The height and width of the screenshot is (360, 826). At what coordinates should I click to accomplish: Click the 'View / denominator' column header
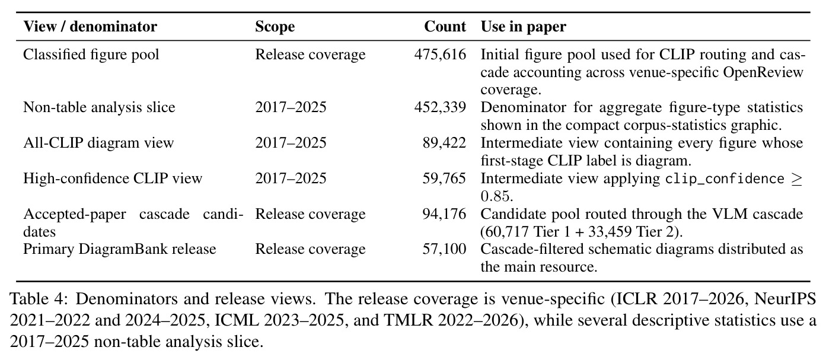[x=90, y=27]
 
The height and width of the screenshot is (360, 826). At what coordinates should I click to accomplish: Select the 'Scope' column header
[x=275, y=27]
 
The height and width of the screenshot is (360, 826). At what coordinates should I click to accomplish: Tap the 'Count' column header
[x=445, y=27]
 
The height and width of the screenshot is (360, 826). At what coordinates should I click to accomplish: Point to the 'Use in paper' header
[x=523, y=27]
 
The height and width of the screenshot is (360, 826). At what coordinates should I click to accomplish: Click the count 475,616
[x=441, y=55]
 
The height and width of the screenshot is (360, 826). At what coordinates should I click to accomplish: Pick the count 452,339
[x=441, y=107]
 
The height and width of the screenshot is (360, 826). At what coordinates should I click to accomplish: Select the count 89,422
[x=444, y=143]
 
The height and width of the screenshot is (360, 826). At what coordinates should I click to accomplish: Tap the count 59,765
[x=444, y=179]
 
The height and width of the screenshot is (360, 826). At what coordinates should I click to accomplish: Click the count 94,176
[x=444, y=214]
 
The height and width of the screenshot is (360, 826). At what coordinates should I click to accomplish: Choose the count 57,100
[x=444, y=249]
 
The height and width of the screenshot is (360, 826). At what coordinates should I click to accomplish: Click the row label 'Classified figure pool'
[x=91, y=55]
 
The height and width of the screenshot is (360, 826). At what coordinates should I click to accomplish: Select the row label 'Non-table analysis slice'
[x=99, y=107]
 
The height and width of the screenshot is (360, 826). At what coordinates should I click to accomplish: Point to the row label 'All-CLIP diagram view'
[x=98, y=143]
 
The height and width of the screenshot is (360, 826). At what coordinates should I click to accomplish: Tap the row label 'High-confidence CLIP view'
[x=113, y=179]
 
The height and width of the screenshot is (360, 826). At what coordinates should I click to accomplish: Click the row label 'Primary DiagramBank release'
[x=119, y=249]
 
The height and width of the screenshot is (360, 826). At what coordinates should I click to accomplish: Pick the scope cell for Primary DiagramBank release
[x=310, y=249]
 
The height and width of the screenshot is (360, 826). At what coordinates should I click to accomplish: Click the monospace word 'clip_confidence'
[x=725, y=179]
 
